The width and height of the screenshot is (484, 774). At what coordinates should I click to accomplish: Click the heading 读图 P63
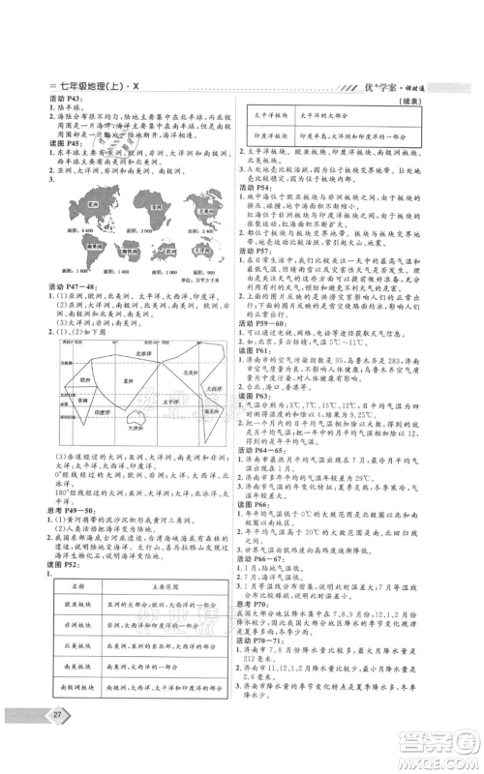pos(264,399)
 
